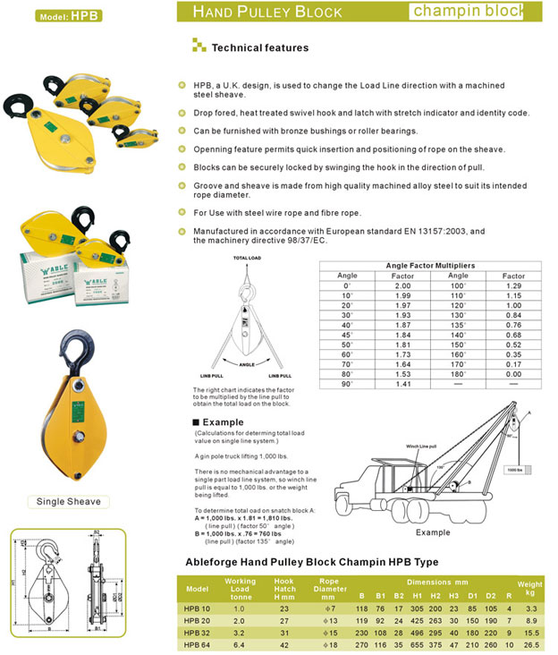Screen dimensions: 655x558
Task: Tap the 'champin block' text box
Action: point(480,12)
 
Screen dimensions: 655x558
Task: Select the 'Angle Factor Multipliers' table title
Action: point(431,266)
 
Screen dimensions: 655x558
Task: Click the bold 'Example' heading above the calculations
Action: point(223,421)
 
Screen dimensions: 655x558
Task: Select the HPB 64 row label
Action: point(198,643)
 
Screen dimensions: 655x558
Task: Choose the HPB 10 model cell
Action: point(198,608)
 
